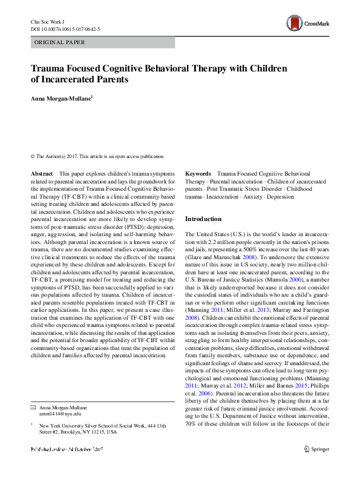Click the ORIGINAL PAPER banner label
59,42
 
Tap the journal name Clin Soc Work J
48,21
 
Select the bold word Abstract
42,173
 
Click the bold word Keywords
198,173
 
